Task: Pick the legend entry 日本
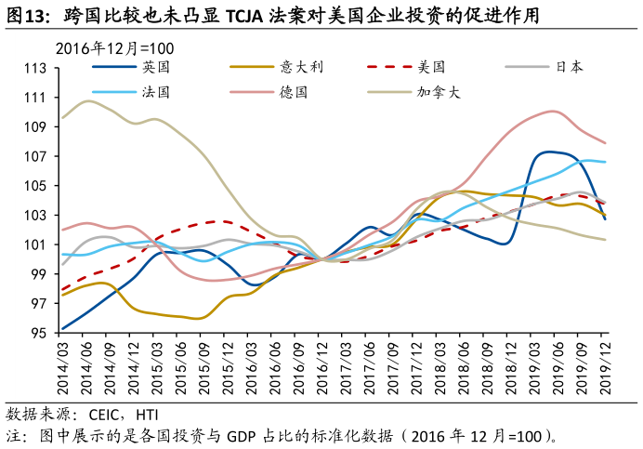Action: (569, 67)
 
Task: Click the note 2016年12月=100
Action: (115, 48)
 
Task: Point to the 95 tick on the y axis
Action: (39, 334)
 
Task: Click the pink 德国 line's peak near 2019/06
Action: (554, 112)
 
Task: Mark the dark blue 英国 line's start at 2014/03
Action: (62, 328)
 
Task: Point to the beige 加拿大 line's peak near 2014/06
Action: (88, 100)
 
